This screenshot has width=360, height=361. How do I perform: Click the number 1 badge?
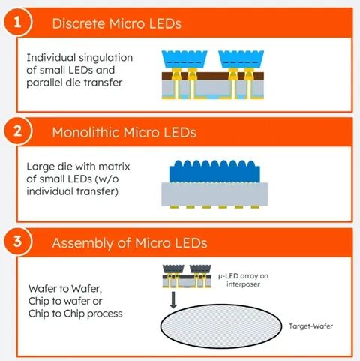(17, 22)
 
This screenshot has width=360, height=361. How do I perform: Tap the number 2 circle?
(17, 131)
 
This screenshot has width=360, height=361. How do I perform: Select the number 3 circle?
(17, 242)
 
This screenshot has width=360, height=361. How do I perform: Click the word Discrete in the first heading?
(78, 23)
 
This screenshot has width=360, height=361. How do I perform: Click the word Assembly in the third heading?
(82, 243)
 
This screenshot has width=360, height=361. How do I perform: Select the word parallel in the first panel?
(44, 83)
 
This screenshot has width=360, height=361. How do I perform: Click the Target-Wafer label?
(310, 326)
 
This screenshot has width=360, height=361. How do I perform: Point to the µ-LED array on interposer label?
(243, 280)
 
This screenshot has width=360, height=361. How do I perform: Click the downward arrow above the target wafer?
(173, 300)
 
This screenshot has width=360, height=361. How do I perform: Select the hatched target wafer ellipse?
(221, 326)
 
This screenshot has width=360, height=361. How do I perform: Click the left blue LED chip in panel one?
(184, 59)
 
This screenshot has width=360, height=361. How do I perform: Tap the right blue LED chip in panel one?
(241, 59)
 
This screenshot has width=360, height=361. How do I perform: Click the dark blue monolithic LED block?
(214, 171)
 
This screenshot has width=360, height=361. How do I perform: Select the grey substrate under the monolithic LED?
(214, 194)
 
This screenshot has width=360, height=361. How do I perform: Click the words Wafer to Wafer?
(65, 289)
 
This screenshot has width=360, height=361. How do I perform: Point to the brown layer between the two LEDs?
(213, 76)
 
